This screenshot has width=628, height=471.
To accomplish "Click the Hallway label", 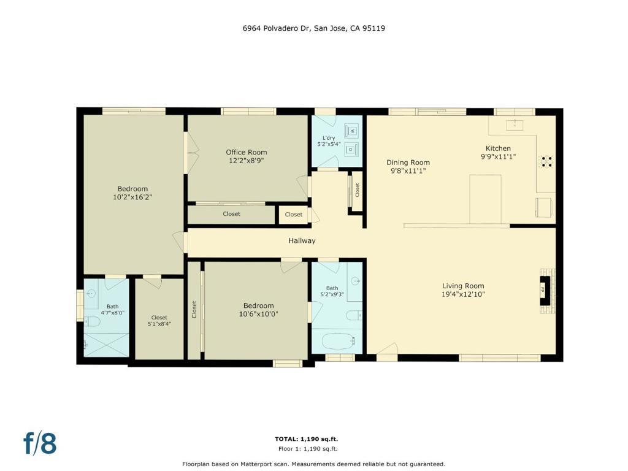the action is [x=302, y=240].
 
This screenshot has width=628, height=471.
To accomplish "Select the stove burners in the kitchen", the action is [x=546, y=161].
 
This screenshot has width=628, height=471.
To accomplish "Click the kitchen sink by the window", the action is [x=515, y=124].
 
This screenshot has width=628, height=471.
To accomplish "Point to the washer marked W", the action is [x=352, y=131].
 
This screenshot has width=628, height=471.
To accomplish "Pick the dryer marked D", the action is [x=351, y=150].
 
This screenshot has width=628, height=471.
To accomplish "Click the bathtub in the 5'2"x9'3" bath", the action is [x=339, y=341].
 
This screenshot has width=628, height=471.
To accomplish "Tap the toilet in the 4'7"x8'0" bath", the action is [x=92, y=321].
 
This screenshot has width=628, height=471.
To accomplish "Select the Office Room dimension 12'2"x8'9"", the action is [x=246, y=161].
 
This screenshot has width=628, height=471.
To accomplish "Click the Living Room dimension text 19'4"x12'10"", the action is [x=463, y=294].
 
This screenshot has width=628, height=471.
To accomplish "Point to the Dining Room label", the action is [x=408, y=163].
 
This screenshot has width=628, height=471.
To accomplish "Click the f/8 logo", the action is [x=40, y=443].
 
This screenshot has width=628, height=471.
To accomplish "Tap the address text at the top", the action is [x=313, y=28].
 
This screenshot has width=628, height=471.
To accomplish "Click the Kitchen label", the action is [x=498, y=148].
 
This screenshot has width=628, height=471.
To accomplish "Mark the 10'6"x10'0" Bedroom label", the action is [x=258, y=305].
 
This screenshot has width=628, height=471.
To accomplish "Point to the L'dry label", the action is [x=329, y=138].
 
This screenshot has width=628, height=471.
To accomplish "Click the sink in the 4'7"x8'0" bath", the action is [x=91, y=294].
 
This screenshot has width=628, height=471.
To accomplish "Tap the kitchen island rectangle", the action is [x=485, y=199].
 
